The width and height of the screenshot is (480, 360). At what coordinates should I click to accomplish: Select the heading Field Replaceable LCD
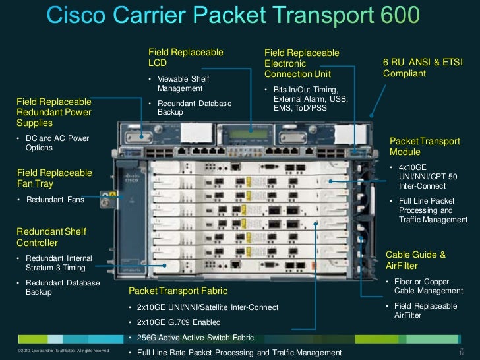(x=186, y=57)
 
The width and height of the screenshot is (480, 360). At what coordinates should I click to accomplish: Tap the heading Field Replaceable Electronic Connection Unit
(x=301, y=63)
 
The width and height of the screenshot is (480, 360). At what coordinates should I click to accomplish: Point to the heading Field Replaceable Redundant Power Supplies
(x=54, y=112)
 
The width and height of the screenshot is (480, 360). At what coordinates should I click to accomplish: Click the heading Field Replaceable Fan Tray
(x=54, y=178)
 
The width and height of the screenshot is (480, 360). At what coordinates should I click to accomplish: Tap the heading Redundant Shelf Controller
(x=51, y=237)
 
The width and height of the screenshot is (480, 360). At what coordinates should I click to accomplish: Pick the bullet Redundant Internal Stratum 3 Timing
(x=59, y=263)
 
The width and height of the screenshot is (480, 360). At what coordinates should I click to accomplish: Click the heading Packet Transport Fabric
(x=178, y=291)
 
